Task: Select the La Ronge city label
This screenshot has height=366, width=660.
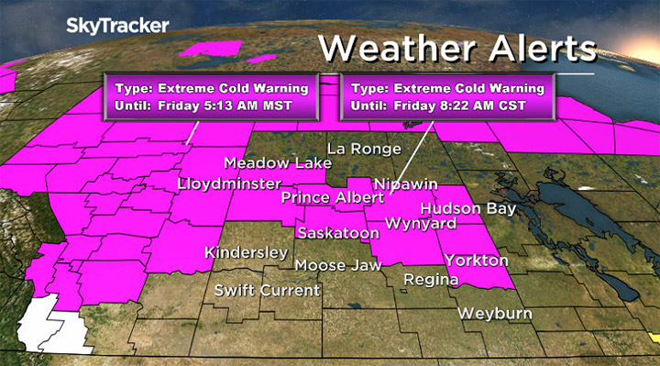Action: tap(366, 149)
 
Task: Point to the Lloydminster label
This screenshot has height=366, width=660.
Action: tap(228, 185)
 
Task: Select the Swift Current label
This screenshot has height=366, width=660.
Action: tap(267, 291)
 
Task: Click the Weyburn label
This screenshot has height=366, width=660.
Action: tap(493, 313)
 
